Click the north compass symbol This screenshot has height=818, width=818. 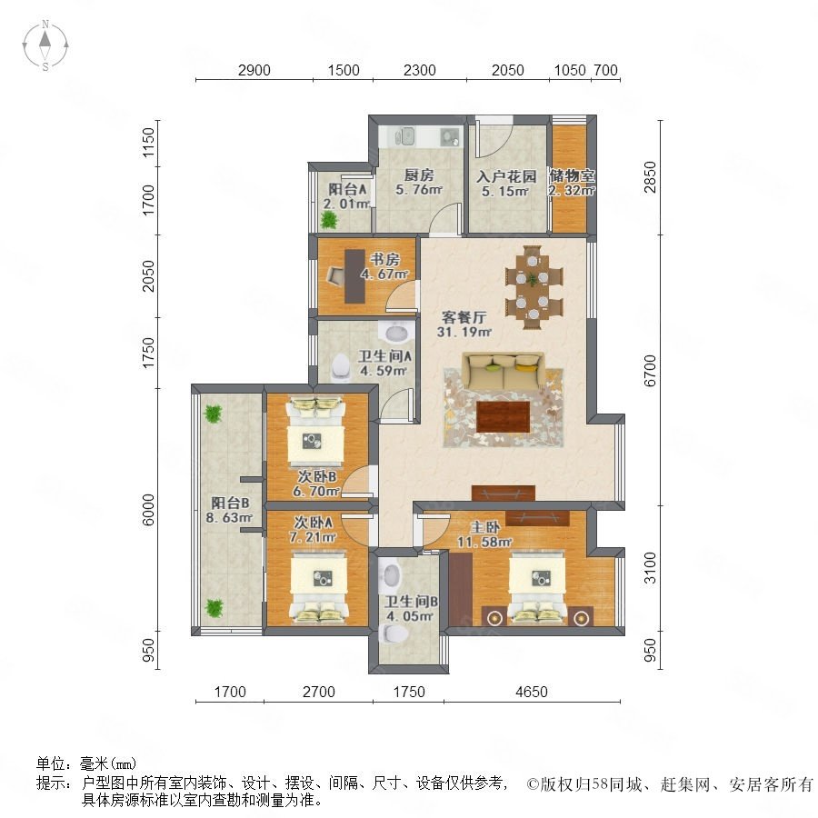click(45, 45)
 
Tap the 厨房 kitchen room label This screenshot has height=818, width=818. click(419, 175)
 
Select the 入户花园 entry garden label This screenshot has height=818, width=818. click(506, 176)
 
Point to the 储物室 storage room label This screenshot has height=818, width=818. click(572, 175)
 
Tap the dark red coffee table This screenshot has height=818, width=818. click(503, 416)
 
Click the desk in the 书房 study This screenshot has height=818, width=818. click(354, 276)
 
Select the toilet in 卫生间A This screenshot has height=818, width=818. click(341, 367)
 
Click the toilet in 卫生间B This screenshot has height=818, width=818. click(394, 633)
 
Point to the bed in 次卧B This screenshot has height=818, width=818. click(315, 431)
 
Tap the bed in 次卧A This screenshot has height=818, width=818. click(319, 588)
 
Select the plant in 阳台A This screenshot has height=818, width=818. click(329, 221)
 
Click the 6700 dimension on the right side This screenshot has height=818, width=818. click(650, 371)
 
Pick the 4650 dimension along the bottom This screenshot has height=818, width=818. click(532, 692)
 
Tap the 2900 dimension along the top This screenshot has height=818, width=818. click(254, 70)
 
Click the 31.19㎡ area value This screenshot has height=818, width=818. click(464, 331)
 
